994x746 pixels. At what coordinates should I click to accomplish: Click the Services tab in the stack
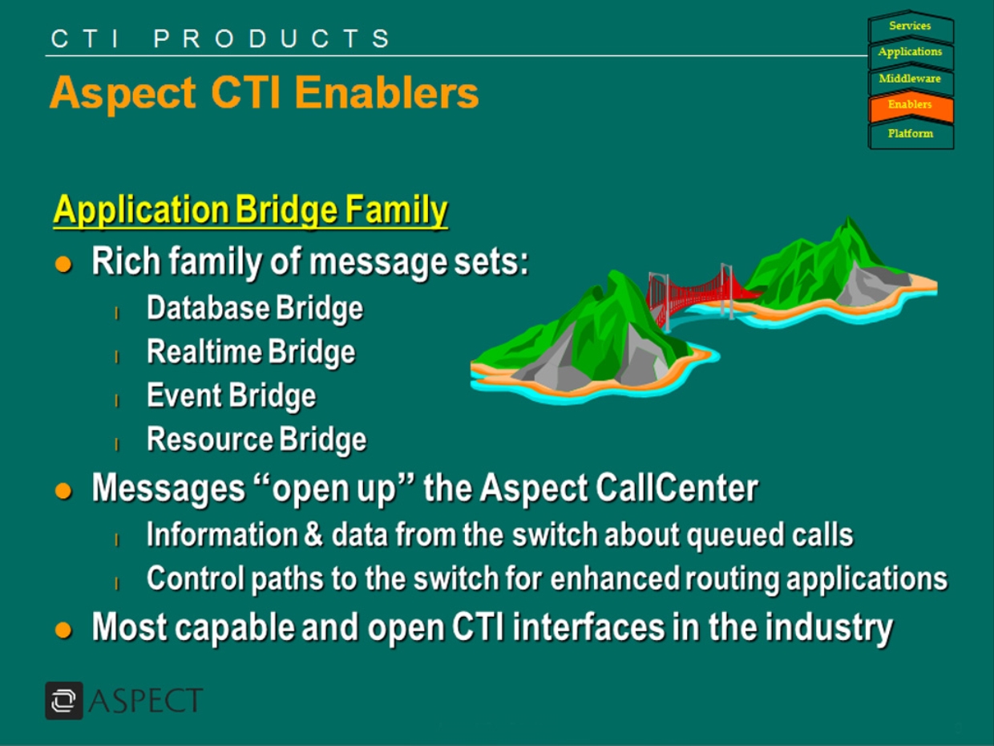910,26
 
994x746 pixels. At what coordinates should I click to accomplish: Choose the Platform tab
910,134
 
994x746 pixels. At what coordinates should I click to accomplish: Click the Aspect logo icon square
64,700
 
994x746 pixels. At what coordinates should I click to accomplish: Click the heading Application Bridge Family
250,209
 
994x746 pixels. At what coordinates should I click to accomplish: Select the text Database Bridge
255,309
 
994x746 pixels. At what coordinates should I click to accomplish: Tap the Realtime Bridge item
252,352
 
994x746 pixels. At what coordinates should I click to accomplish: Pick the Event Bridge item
232,396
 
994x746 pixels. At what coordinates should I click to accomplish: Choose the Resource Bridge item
257,440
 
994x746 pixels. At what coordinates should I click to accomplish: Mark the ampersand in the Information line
313,534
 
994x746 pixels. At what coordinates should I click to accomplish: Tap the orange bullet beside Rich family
63,264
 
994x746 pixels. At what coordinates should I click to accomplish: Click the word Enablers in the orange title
386,93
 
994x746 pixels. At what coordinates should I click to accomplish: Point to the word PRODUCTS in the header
272,39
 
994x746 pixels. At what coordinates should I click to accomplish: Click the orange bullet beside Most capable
63,630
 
